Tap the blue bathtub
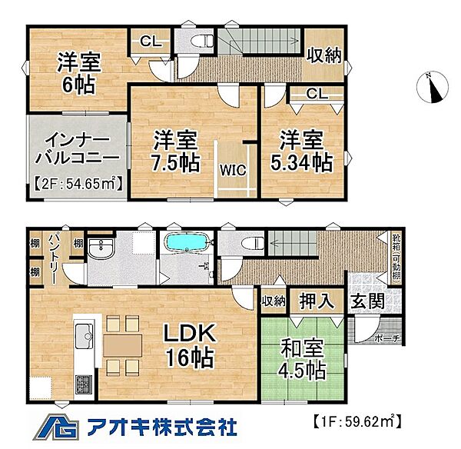(x=184, y=244)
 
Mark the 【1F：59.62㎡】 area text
(x=357, y=421)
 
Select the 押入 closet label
(x=317, y=301)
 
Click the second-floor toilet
(x=199, y=40)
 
